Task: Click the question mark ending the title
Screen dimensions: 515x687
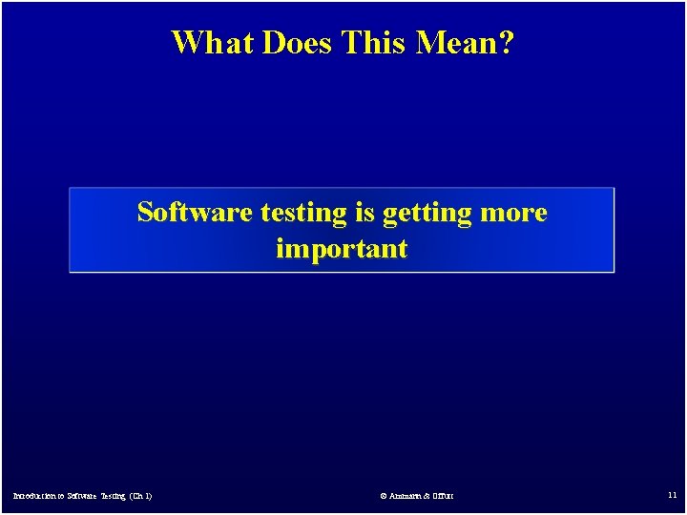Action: pyautogui.click(x=505, y=42)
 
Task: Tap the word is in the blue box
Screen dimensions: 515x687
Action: pyautogui.click(x=365, y=212)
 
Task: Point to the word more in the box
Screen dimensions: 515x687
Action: pyautogui.click(x=515, y=213)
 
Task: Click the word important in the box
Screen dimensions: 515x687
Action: pyautogui.click(x=342, y=250)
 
